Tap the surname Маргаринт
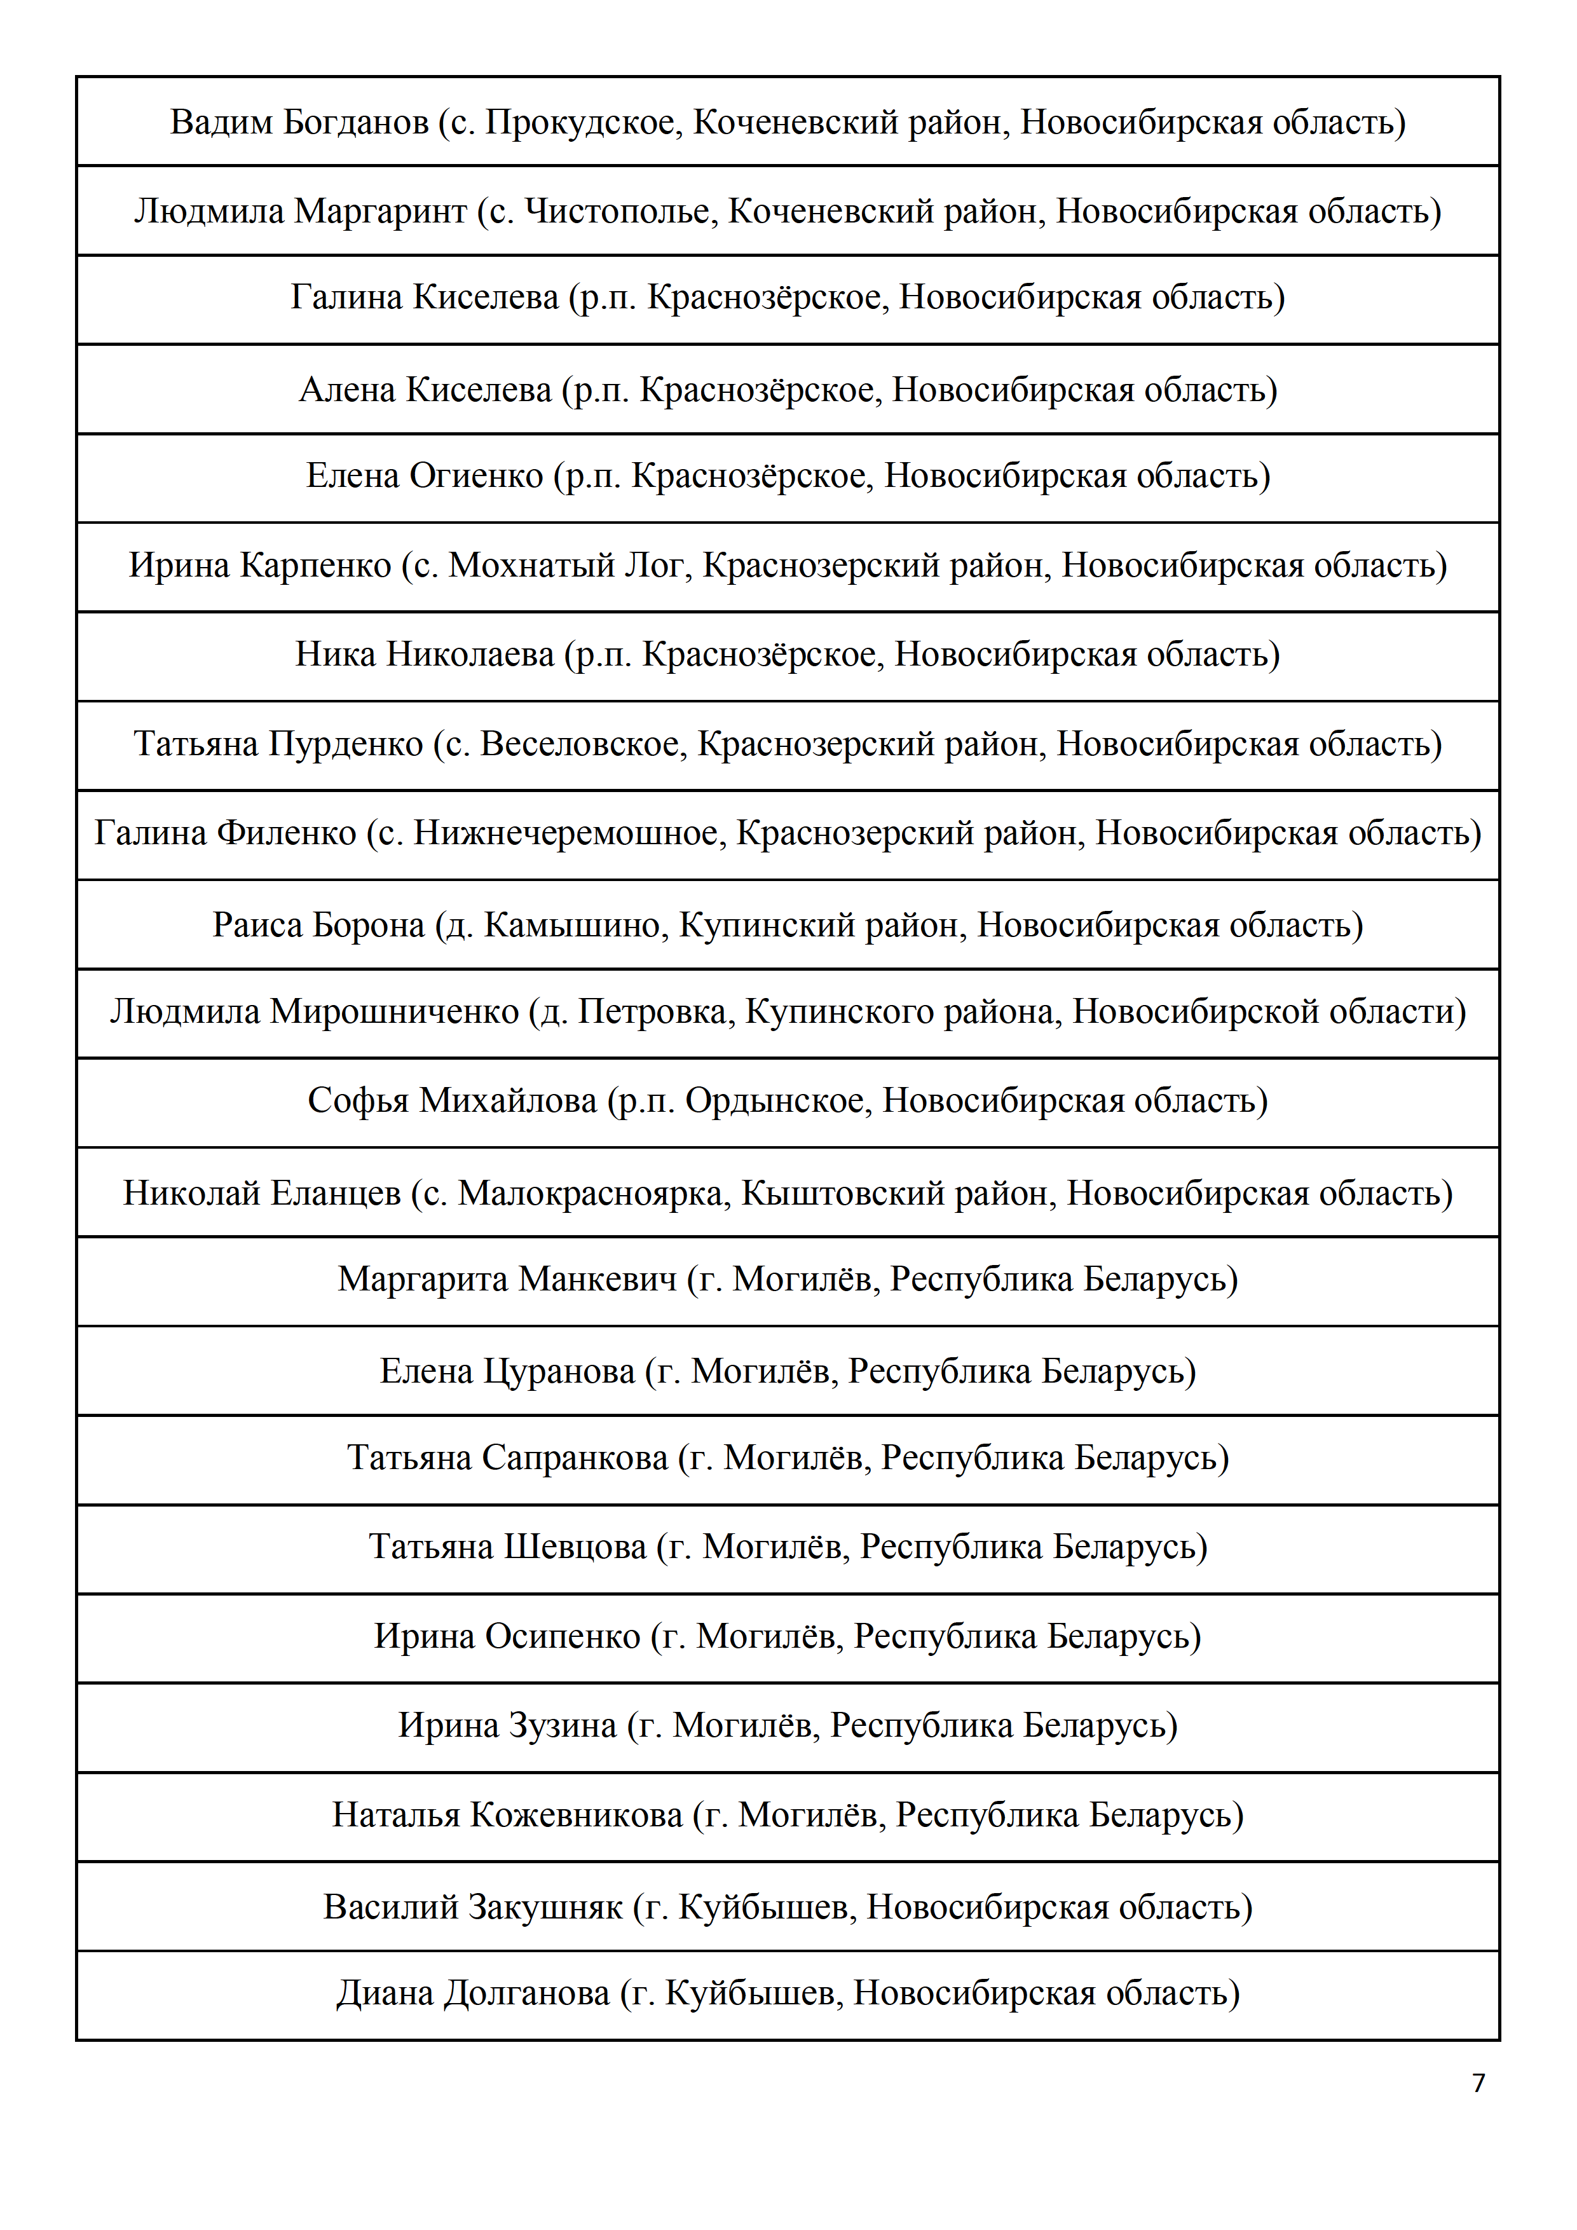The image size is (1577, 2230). [x=381, y=212]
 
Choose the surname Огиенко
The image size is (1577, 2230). [x=477, y=476]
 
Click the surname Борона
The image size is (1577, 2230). [x=370, y=925]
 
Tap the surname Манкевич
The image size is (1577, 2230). [x=598, y=1280]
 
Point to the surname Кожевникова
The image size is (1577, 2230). [x=577, y=1814]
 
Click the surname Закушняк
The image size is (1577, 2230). [x=547, y=1908]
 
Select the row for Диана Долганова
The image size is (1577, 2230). [x=788, y=1993]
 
